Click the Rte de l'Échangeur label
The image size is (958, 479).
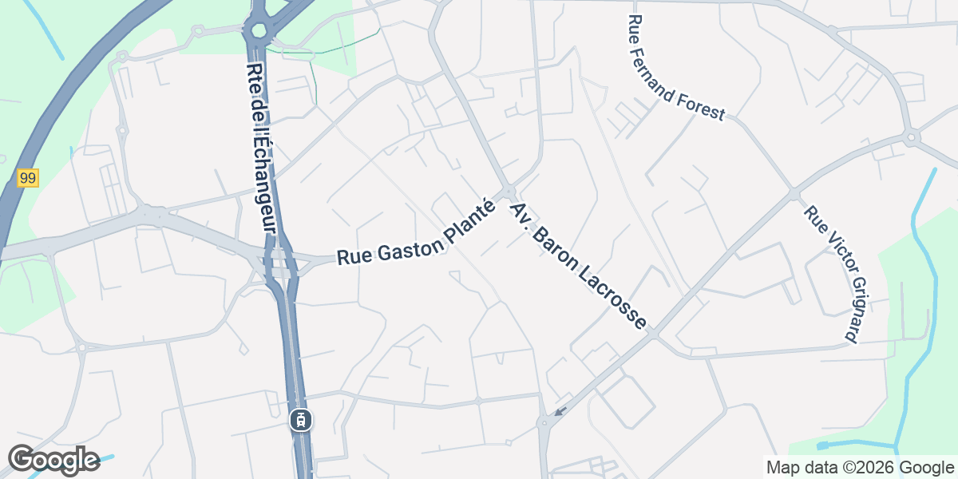[x=262, y=148]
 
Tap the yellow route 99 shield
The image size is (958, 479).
[x=28, y=178]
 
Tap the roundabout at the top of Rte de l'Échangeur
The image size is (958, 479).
[x=258, y=32]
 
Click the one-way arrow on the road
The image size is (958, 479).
[x=560, y=412]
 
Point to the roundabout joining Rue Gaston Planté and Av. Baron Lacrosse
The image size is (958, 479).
[x=509, y=192]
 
